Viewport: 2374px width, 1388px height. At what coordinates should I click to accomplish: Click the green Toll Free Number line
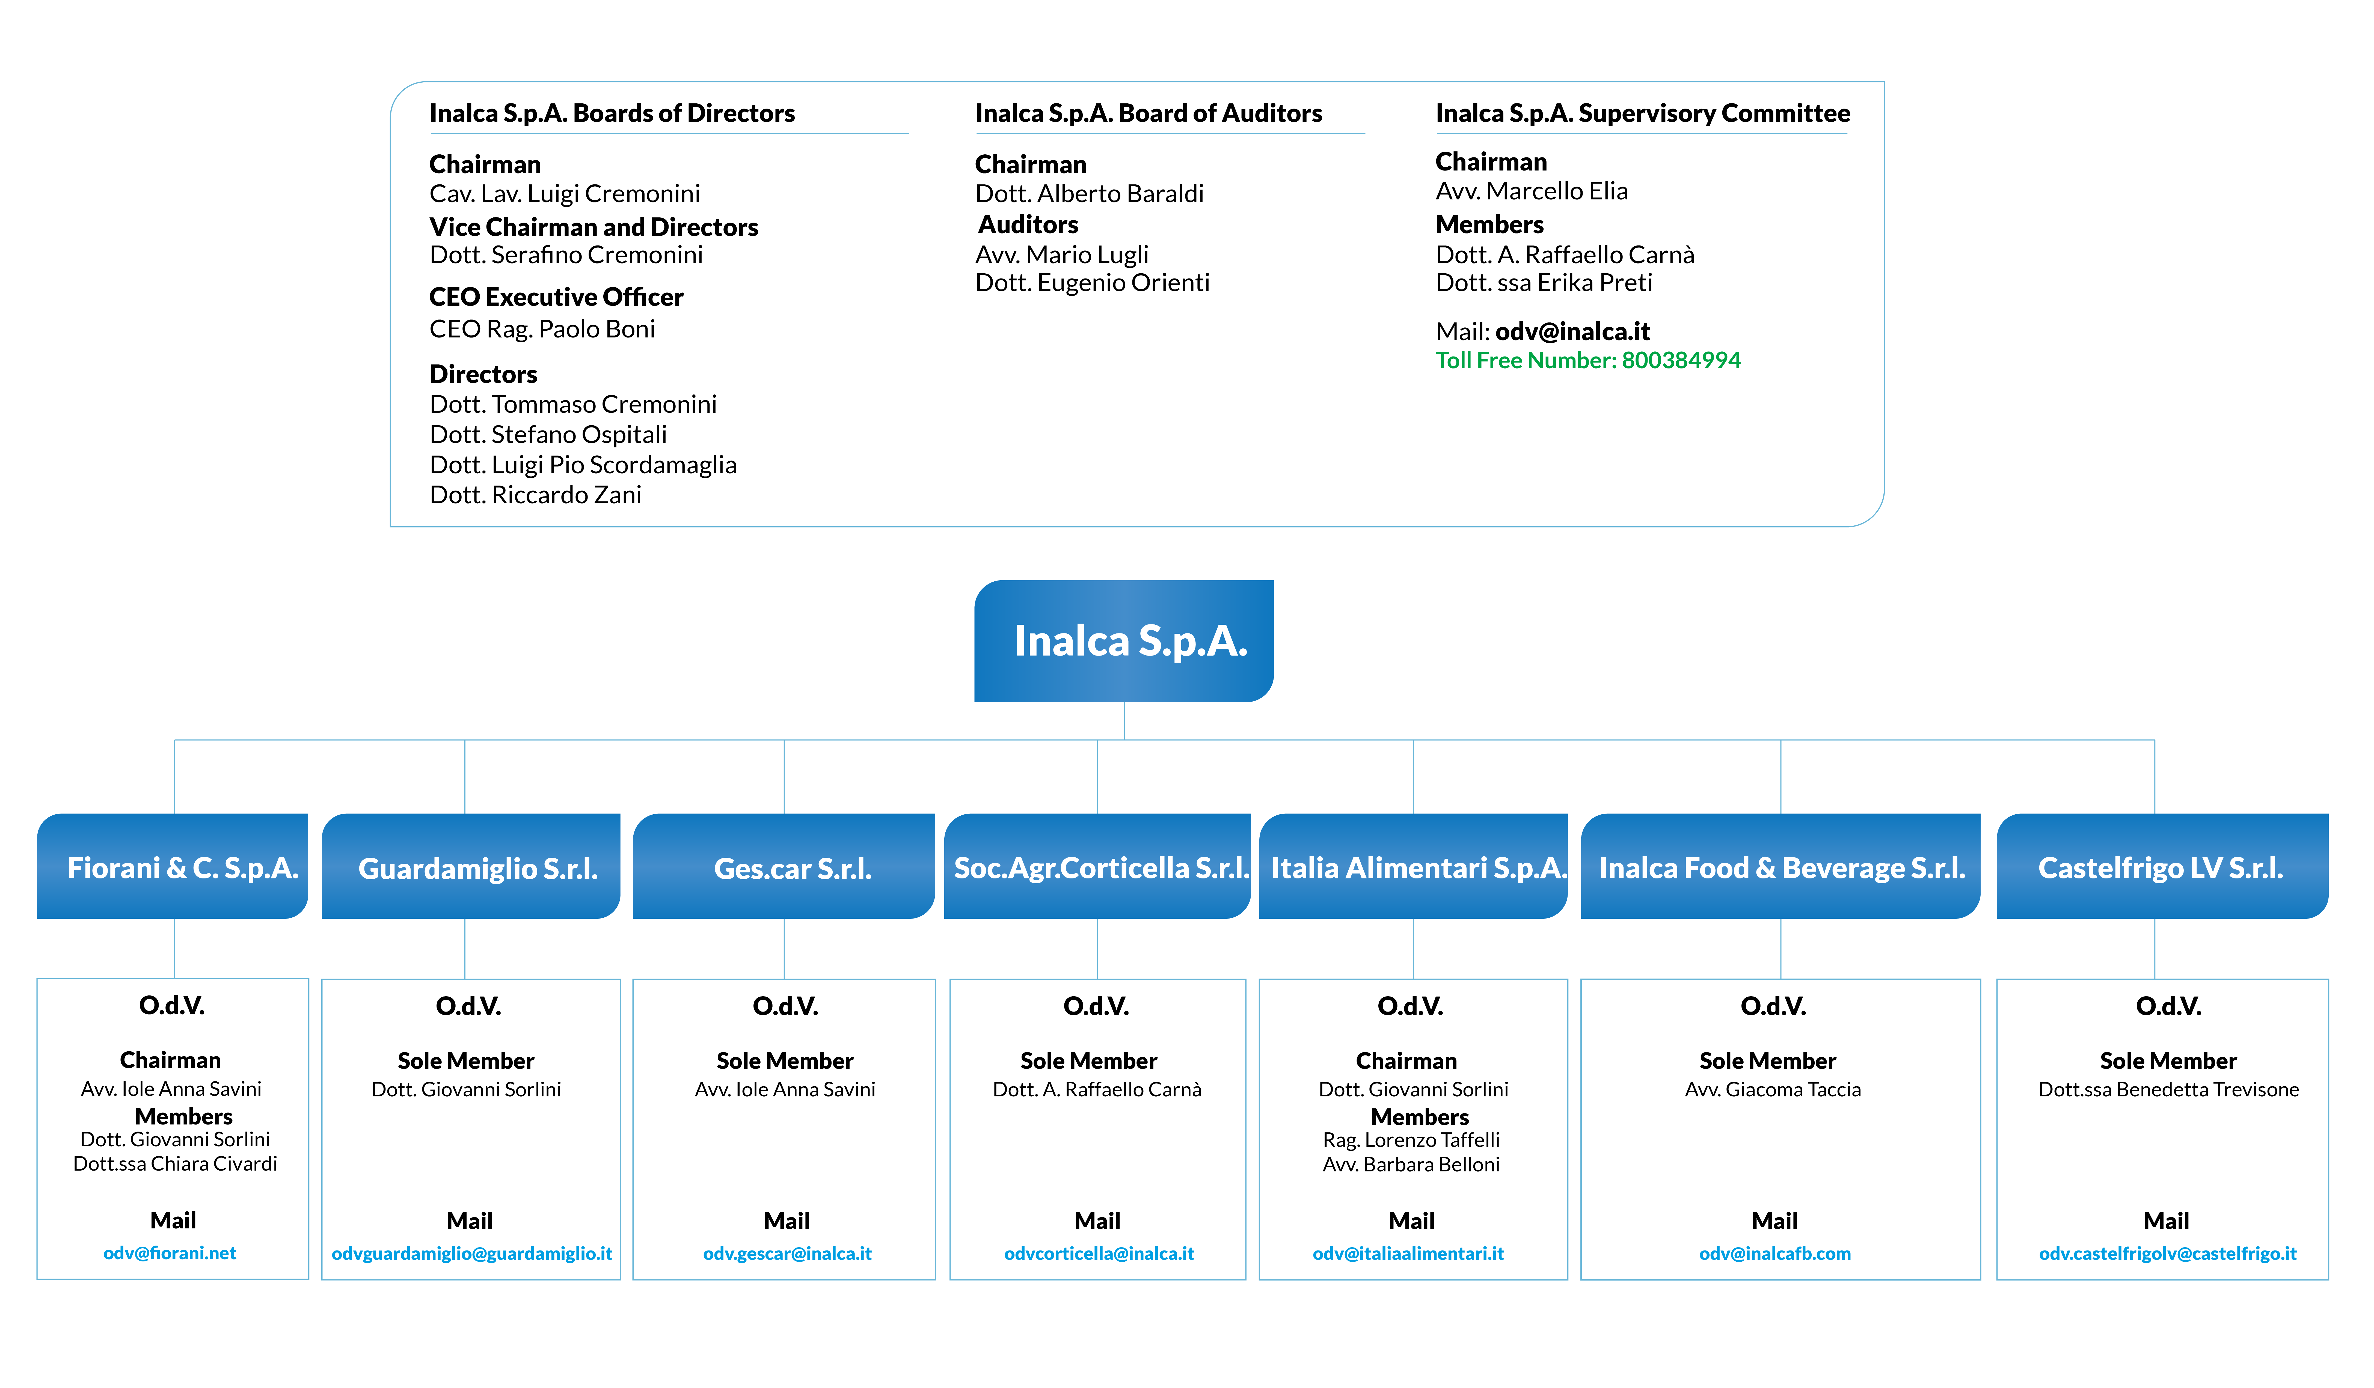point(1587,361)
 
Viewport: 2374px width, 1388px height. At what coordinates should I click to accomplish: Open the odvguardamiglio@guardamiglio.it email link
point(472,1253)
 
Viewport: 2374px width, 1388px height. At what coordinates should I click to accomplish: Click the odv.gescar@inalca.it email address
point(788,1253)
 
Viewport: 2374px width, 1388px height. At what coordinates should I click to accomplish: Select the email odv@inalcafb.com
point(1775,1253)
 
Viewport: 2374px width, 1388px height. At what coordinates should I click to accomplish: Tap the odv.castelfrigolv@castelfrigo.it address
point(2168,1253)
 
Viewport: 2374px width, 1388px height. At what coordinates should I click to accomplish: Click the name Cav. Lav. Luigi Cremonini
point(564,194)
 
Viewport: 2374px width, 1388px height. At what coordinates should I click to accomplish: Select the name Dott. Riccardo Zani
point(535,495)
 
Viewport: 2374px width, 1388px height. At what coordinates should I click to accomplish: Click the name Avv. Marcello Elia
point(1532,191)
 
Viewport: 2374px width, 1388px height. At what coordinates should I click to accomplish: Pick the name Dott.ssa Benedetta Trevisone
point(2169,1090)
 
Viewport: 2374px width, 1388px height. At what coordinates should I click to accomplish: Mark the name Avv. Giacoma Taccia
point(1773,1090)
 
